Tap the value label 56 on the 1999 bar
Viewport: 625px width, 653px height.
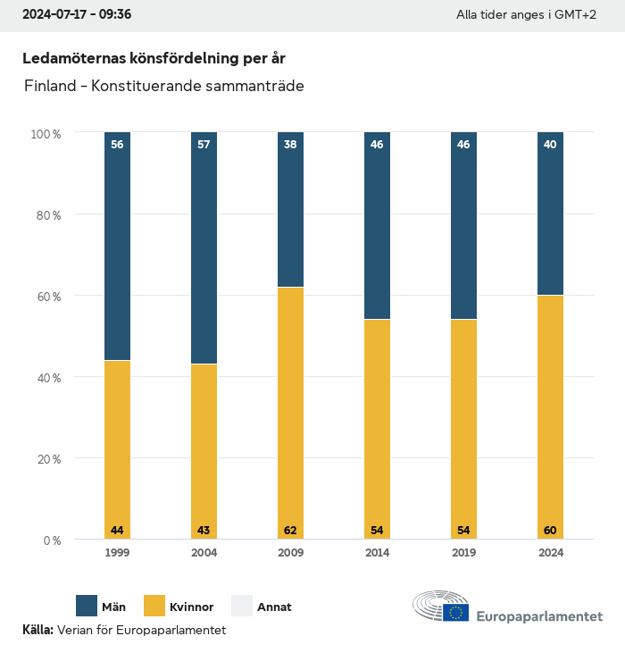(117, 145)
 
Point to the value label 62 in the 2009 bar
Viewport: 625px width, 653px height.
(290, 531)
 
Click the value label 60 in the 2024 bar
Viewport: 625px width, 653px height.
(550, 531)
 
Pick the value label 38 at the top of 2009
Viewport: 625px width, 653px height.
(290, 145)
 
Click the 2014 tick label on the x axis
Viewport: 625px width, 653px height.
(377, 553)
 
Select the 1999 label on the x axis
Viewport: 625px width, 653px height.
(117, 553)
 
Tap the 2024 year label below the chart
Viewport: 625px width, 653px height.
(550, 553)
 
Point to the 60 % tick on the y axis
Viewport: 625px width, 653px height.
(47, 297)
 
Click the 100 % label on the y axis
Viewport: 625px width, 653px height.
(45, 134)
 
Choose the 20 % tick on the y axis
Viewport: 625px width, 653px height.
(47, 459)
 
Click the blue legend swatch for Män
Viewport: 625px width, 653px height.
(87, 606)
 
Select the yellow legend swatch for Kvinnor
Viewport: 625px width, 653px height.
(154, 606)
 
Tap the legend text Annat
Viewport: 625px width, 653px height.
(274, 607)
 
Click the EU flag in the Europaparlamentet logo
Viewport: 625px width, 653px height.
(455, 613)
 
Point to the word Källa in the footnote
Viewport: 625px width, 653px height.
(37, 630)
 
